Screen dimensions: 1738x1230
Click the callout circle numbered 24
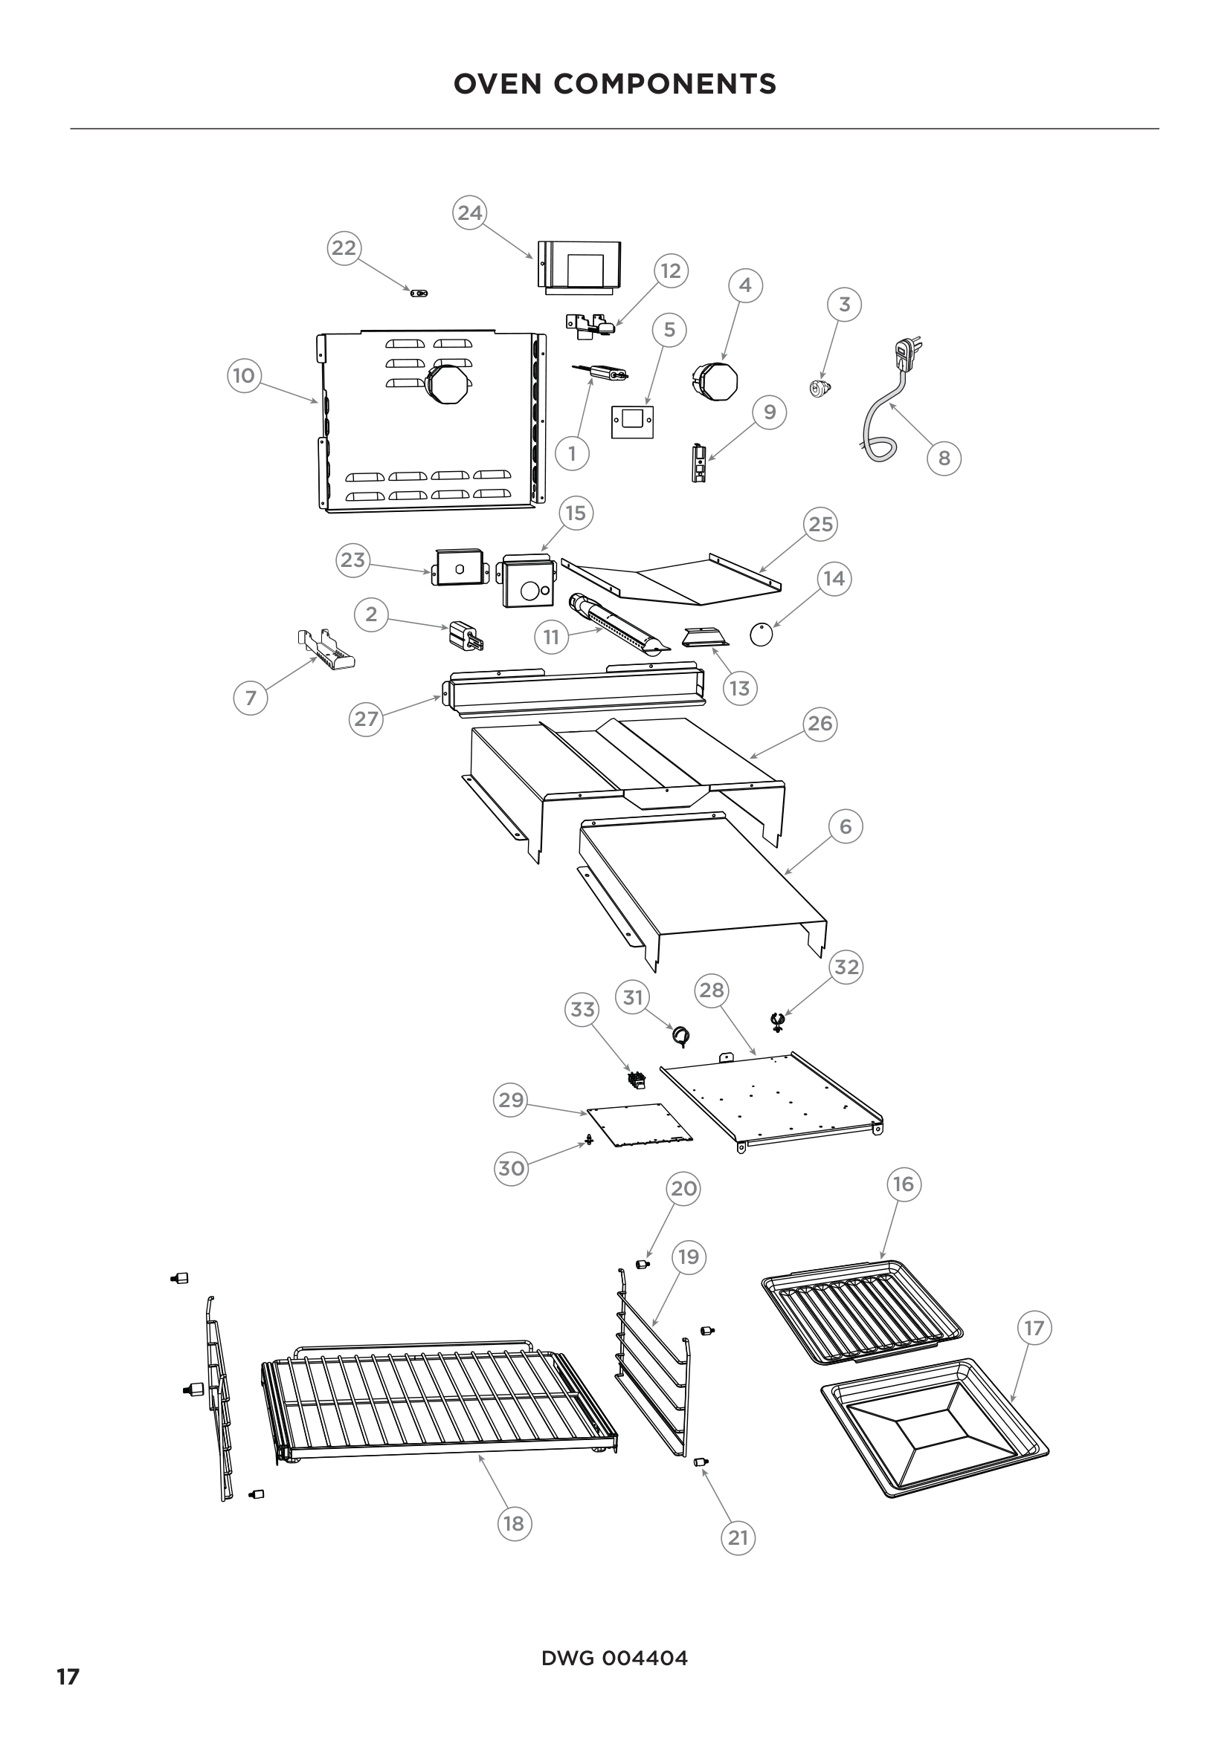click(469, 213)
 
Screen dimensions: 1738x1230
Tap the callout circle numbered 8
click(944, 458)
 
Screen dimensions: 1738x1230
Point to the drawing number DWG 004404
click(614, 1658)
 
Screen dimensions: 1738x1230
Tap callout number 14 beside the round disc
click(834, 578)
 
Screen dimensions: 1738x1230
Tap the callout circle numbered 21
click(738, 1537)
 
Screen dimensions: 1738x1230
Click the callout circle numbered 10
click(244, 375)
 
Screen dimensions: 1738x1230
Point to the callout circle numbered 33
click(582, 1009)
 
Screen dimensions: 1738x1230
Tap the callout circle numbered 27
click(367, 719)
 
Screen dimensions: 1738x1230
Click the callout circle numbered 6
click(846, 826)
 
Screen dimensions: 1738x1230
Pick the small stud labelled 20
click(643, 1264)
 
